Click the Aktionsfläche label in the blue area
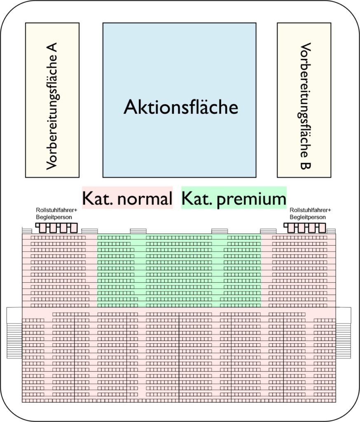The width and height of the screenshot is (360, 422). click(181, 107)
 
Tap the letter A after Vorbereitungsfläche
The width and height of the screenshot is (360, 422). click(51, 48)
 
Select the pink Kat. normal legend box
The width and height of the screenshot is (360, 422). click(127, 198)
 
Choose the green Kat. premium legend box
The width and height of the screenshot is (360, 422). click(234, 198)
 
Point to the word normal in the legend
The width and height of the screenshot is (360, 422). click(145, 199)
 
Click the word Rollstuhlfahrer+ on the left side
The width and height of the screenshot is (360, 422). click(56, 211)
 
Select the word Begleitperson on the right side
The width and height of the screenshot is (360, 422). click(308, 217)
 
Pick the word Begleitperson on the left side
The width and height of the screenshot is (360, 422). click(54, 217)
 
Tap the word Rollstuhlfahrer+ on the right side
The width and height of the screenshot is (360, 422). click(310, 210)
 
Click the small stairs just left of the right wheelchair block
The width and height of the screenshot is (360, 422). click(268, 231)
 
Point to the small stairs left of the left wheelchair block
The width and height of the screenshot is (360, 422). click(27, 231)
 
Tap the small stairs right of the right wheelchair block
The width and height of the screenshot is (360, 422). click(331, 231)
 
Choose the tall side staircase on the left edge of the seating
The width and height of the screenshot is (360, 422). click(14, 333)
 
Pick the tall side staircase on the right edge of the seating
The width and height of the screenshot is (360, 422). click(344, 333)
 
